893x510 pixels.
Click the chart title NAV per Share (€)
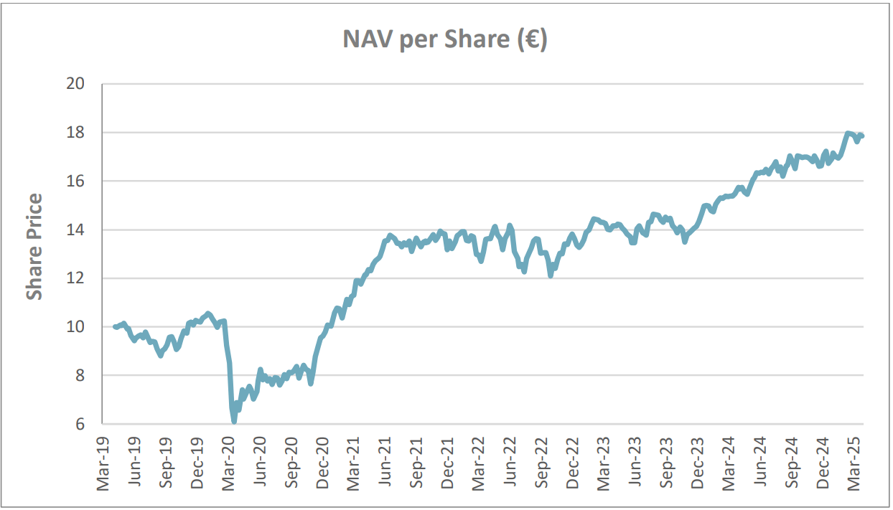pos(445,40)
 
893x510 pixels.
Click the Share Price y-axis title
pos(34,247)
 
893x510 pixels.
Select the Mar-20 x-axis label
pos(229,463)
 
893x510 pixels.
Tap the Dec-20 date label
pos(323,463)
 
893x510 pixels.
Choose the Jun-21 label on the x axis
pos(385,463)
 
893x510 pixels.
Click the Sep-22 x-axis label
pos(543,463)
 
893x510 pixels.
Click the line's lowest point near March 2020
pos(234,421)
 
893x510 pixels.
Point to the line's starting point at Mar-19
pos(115,326)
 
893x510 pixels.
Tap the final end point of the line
pos(862,136)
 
